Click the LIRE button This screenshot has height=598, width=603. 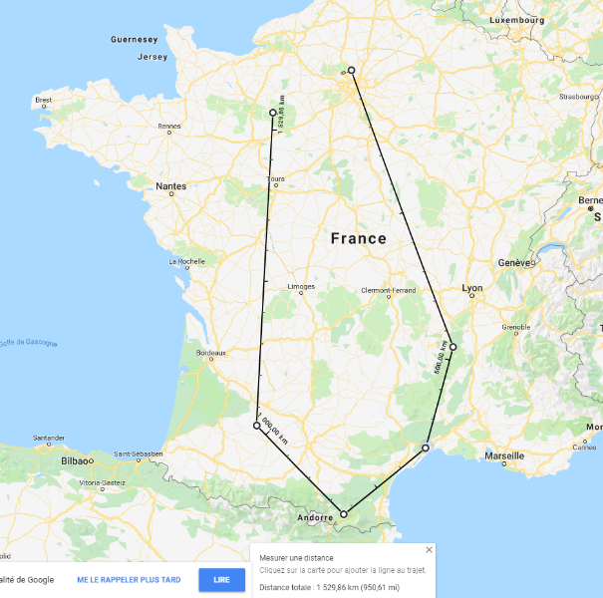point(221,579)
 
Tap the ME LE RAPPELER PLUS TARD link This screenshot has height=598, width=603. point(129,579)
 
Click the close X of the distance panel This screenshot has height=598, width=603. point(430,549)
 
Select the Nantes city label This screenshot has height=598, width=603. point(170,186)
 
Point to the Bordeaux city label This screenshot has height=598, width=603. point(210,353)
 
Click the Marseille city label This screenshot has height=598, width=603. point(503,455)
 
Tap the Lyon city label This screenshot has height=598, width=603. point(471,288)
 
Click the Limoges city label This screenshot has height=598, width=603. point(301,287)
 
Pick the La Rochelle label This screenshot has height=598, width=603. point(186,262)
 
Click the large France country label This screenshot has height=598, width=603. point(358,239)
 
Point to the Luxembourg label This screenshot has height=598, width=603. point(517,19)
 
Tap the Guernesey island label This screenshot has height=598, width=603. point(134,40)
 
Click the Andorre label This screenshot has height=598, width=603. point(316,518)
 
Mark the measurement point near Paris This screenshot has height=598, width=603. point(351,70)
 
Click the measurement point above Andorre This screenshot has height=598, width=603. point(344,514)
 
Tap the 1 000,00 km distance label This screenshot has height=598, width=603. point(272,429)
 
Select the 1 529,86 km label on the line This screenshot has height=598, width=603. point(282,114)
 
